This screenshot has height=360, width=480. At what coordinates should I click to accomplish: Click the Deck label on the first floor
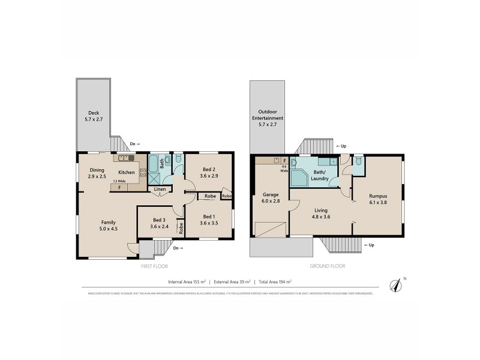(94, 112)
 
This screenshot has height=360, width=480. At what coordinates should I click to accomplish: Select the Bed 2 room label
(209, 169)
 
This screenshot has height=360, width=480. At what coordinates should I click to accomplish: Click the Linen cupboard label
(160, 190)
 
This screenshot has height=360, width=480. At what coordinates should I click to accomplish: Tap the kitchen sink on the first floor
(126, 158)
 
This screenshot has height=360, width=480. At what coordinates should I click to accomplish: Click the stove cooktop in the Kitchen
(143, 173)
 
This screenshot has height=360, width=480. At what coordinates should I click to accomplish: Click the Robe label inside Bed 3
(180, 228)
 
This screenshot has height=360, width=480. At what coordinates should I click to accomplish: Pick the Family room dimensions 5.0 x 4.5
(108, 228)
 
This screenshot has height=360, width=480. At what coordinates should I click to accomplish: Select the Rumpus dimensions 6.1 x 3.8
(378, 203)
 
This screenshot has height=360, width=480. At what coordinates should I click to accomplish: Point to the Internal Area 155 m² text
(187, 281)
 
